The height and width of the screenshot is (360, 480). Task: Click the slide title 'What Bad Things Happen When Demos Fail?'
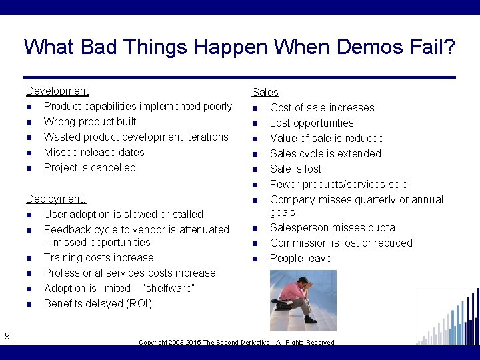click(x=239, y=47)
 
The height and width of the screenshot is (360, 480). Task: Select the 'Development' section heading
click(x=57, y=91)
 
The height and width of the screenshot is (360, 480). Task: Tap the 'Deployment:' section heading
click(x=56, y=199)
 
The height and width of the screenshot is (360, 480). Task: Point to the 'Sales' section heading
click(x=265, y=93)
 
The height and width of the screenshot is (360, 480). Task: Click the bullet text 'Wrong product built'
click(x=89, y=122)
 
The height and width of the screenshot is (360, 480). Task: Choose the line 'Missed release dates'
click(x=94, y=153)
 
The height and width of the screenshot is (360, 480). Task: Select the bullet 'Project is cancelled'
click(x=89, y=168)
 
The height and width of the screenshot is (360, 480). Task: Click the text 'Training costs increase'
click(x=98, y=258)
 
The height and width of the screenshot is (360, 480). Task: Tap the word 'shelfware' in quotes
click(x=171, y=289)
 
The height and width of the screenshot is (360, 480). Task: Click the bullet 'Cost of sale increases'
click(x=322, y=108)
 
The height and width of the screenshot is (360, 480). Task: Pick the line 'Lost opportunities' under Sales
click(x=311, y=123)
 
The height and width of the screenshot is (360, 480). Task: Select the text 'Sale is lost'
click(x=295, y=169)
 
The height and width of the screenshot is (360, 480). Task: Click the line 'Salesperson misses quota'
click(x=332, y=228)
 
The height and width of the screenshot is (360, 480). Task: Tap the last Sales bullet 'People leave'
click(x=300, y=259)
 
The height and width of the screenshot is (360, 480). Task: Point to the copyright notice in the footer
click(x=236, y=343)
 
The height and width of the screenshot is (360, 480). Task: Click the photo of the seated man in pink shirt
click(x=294, y=300)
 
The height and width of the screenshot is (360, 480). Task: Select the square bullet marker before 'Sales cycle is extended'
click(x=255, y=155)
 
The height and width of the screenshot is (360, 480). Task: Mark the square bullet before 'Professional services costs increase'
click(x=29, y=274)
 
